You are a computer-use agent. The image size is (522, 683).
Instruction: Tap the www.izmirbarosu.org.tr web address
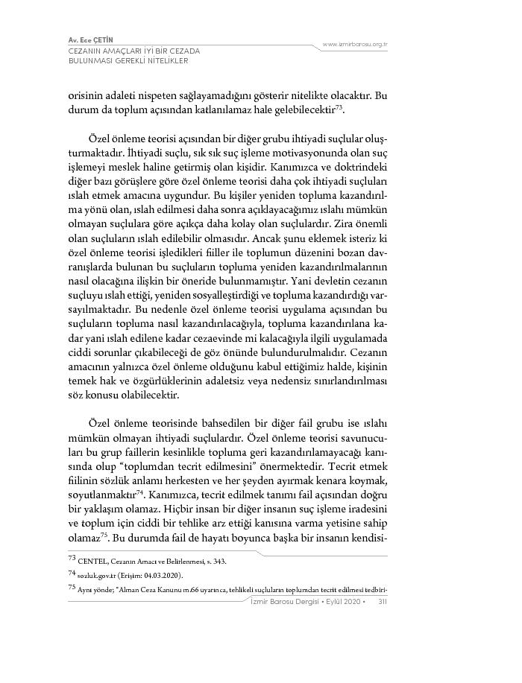355,45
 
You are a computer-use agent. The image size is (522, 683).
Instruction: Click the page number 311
380,601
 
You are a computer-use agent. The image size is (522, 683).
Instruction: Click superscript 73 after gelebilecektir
340,107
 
